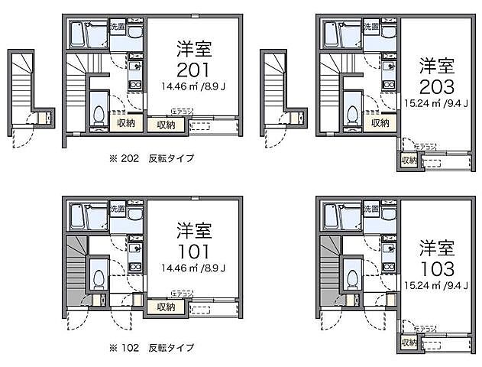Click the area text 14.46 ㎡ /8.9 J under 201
(x=193, y=86)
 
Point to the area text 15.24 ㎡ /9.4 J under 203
(x=437, y=102)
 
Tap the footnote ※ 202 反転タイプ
(x=151, y=159)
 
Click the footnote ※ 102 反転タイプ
(x=151, y=347)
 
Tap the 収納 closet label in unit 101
(x=166, y=307)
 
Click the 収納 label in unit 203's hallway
(x=380, y=122)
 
